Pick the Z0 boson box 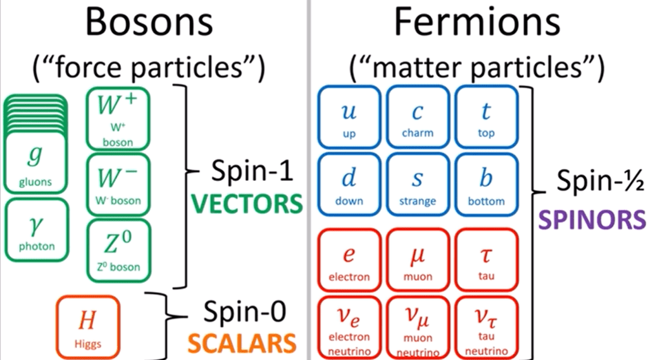118,249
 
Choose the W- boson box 118,183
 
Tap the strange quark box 418,185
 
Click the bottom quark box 486,185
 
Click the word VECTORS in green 246,204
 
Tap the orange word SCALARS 244,342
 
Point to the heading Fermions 477,24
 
